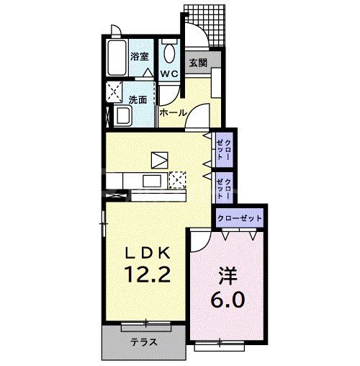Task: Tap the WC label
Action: (x=168, y=74)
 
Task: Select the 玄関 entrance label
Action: (x=198, y=63)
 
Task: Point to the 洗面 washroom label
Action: (x=138, y=100)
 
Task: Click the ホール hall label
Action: (x=173, y=113)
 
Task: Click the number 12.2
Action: (x=148, y=274)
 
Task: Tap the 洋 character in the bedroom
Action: (x=227, y=274)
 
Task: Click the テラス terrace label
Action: (x=143, y=343)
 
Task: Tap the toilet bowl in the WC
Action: (x=169, y=53)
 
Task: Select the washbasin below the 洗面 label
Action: (x=122, y=116)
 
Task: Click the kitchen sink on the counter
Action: (x=152, y=181)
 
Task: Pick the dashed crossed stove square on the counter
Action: (x=178, y=180)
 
